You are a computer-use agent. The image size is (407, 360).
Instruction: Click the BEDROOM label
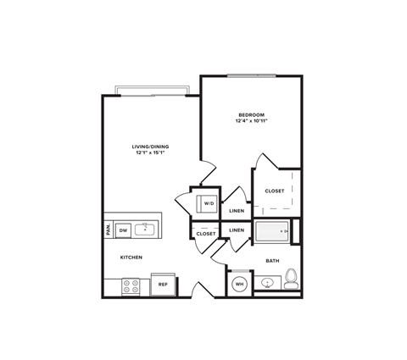(x=251, y=114)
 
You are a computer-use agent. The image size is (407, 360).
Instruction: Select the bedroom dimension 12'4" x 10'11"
(x=251, y=121)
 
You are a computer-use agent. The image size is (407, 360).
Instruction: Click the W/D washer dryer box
(x=208, y=203)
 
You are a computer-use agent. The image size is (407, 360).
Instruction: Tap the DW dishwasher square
(x=122, y=230)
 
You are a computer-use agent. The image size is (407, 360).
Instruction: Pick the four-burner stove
(x=131, y=286)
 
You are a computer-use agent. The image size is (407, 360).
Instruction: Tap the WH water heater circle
(x=240, y=284)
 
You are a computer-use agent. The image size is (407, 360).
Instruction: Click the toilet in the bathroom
(x=290, y=277)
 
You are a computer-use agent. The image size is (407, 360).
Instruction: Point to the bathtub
(x=271, y=230)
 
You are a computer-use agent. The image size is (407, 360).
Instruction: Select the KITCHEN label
(x=131, y=257)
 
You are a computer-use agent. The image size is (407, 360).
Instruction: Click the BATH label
(x=272, y=261)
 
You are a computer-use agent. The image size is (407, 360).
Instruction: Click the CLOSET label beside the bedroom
(x=275, y=191)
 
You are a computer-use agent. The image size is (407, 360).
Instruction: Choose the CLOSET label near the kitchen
(x=206, y=233)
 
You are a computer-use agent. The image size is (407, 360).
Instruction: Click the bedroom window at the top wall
(x=251, y=76)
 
